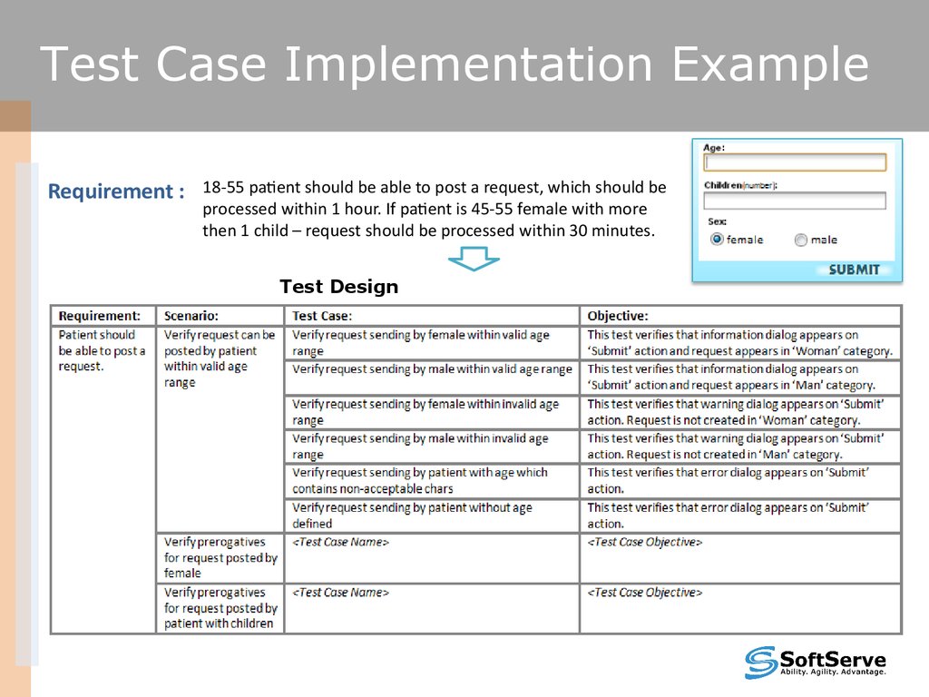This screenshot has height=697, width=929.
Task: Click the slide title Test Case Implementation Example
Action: tap(454, 66)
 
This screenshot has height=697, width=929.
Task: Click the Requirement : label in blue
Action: tap(115, 191)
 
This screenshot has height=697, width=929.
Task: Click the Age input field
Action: tap(795, 162)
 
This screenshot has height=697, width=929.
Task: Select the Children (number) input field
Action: tap(795, 201)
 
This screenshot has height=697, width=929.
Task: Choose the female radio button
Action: tap(717, 240)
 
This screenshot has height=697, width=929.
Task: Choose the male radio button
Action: tap(800, 241)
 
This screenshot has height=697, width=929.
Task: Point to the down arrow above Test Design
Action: tap(474, 260)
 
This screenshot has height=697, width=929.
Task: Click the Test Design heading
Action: tap(338, 287)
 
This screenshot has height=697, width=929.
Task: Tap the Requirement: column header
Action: tap(100, 316)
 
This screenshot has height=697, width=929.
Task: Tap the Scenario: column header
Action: tap(191, 316)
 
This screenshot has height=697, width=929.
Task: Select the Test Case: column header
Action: tap(322, 316)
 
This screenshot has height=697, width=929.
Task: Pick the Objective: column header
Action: tap(618, 316)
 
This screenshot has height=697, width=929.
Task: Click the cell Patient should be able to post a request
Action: tap(102, 350)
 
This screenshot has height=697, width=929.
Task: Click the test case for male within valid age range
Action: tap(432, 369)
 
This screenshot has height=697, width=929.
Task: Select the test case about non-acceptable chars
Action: tap(420, 480)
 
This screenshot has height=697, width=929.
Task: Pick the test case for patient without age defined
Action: tap(412, 515)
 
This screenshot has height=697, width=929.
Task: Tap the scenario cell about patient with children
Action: tap(220, 607)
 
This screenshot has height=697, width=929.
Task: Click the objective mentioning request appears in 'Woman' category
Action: tap(739, 343)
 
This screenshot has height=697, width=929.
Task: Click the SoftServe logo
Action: tap(815, 663)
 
